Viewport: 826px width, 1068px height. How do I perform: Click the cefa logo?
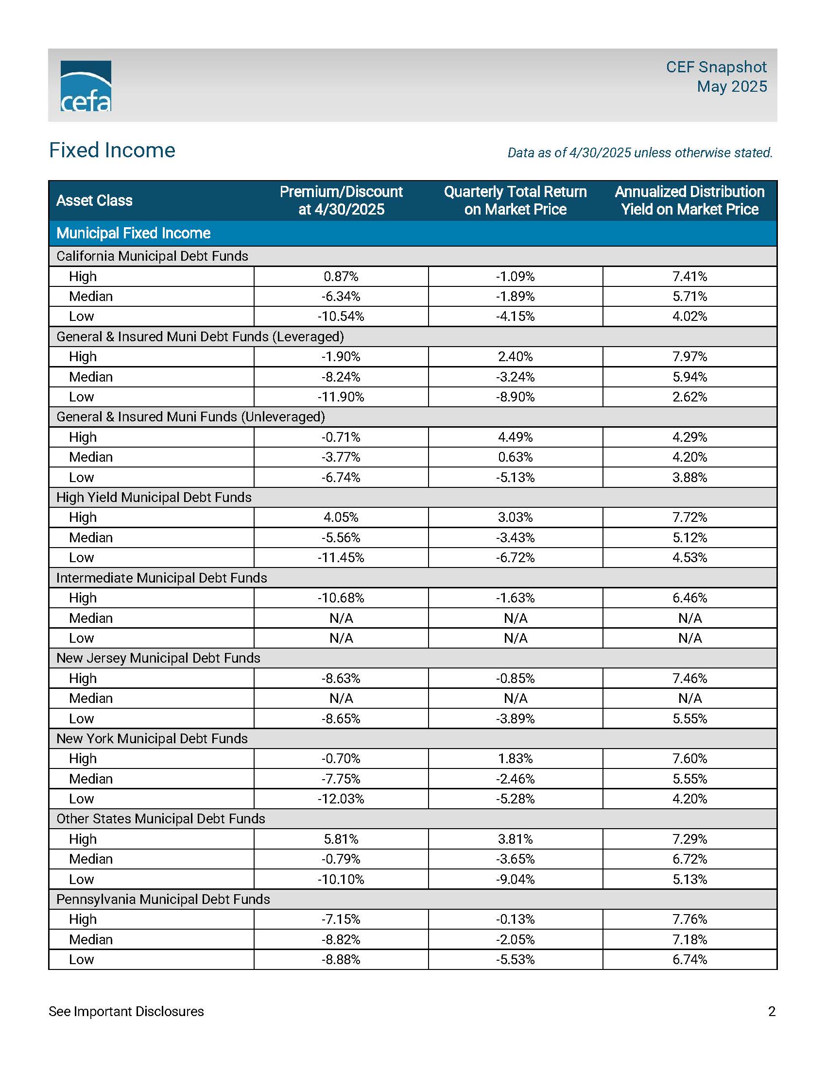point(86,85)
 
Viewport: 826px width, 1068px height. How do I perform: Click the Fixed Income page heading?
point(112,150)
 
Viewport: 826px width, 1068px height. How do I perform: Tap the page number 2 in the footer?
point(772,1011)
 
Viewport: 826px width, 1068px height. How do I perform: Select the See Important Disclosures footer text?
point(126,1011)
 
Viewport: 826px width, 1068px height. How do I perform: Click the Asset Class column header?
point(94,200)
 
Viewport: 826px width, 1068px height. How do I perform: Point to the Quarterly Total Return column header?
point(515,200)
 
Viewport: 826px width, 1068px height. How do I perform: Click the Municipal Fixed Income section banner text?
point(133,233)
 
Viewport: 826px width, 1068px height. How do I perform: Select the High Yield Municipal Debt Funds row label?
point(154,497)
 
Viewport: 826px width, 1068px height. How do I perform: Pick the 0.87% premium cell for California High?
point(341,277)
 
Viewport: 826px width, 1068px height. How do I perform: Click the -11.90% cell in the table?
point(341,397)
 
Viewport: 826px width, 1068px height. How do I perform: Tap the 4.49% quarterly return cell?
point(515,437)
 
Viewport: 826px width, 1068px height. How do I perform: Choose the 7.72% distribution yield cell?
point(689,517)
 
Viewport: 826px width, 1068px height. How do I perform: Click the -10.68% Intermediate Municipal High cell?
point(341,598)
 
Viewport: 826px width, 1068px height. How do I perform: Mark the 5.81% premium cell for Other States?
point(341,839)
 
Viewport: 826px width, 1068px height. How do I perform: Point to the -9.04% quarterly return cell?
point(515,879)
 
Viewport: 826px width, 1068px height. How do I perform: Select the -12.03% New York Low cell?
point(341,799)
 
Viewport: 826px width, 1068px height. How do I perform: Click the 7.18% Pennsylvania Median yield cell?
point(689,939)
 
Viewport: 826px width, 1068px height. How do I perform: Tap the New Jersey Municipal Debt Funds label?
point(158,658)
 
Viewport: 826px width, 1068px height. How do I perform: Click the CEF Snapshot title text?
point(716,67)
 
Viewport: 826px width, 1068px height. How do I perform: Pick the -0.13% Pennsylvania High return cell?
point(515,919)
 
